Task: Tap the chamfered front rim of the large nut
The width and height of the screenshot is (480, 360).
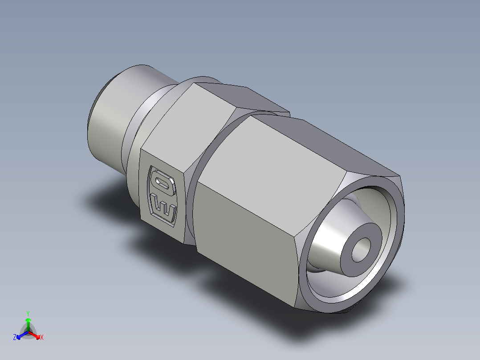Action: [399, 214]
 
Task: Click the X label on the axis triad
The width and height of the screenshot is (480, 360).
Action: [42, 338]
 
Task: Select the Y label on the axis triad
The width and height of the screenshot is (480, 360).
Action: [28, 313]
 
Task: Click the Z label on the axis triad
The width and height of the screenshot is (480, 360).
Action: [15, 337]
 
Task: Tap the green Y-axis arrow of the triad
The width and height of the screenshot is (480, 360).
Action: [28, 323]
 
